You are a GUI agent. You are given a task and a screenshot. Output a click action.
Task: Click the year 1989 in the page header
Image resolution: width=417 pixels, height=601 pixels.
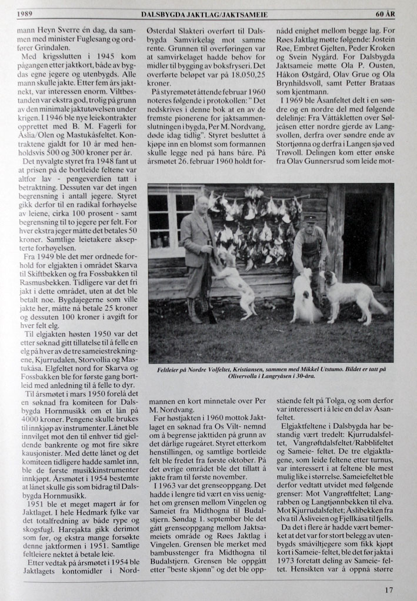click(x=24, y=13)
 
